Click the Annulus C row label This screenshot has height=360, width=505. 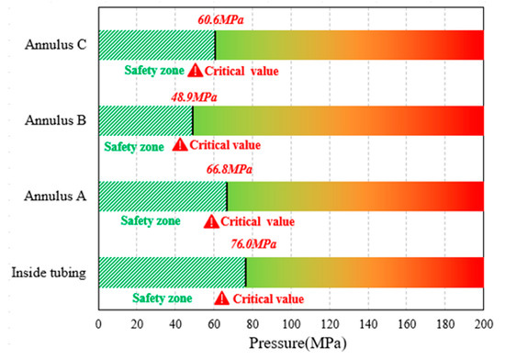[57, 45]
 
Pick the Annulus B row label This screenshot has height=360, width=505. [57, 120]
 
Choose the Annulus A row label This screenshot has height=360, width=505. [57, 197]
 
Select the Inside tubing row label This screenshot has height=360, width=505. [49, 273]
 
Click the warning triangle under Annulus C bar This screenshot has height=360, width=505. [195, 70]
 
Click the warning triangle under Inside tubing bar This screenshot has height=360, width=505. [221, 298]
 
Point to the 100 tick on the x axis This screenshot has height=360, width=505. [290, 323]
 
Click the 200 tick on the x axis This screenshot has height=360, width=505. [483, 323]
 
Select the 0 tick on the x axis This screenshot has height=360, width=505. [98, 323]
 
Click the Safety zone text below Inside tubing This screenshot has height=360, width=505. [162, 298]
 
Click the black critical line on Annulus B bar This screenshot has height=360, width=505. [192, 120]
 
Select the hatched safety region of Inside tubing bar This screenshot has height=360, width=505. [171, 273]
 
